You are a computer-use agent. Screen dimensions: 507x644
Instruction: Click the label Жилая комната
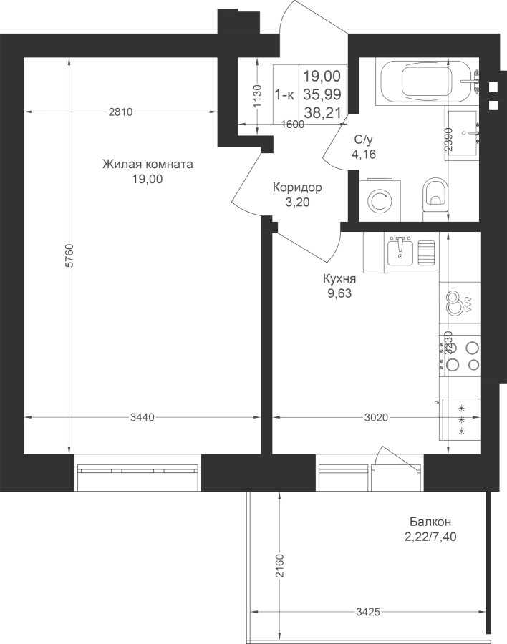pos(148,165)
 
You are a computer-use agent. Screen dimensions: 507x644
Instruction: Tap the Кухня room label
pos(339,279)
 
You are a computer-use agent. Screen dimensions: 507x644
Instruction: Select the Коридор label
pos(297,187)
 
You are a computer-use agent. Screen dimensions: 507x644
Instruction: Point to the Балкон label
pos(430,522)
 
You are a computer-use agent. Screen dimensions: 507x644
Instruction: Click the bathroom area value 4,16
pos(364,155)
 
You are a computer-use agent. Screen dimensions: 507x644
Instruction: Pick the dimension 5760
pos(70,255)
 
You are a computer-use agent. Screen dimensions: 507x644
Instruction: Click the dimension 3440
pos(143,418)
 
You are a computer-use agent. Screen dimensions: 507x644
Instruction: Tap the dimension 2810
pos(121,112)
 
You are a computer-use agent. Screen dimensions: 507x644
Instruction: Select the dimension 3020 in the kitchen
pos(376,418)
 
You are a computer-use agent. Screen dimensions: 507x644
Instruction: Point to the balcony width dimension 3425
pos(368,613)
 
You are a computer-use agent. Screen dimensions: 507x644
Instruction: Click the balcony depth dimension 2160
pos(280,565)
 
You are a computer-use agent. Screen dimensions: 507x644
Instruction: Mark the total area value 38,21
pos(323,112)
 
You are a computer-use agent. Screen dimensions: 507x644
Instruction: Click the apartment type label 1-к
pos(284,95)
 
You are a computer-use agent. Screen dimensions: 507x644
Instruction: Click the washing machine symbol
pos(379,200)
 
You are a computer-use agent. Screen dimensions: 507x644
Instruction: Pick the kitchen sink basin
pos(400,252)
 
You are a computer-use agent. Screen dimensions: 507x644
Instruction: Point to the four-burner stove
pos(460,356)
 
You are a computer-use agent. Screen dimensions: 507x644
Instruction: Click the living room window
pos(137,472)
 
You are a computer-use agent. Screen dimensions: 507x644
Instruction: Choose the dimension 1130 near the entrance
pos(257,96)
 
